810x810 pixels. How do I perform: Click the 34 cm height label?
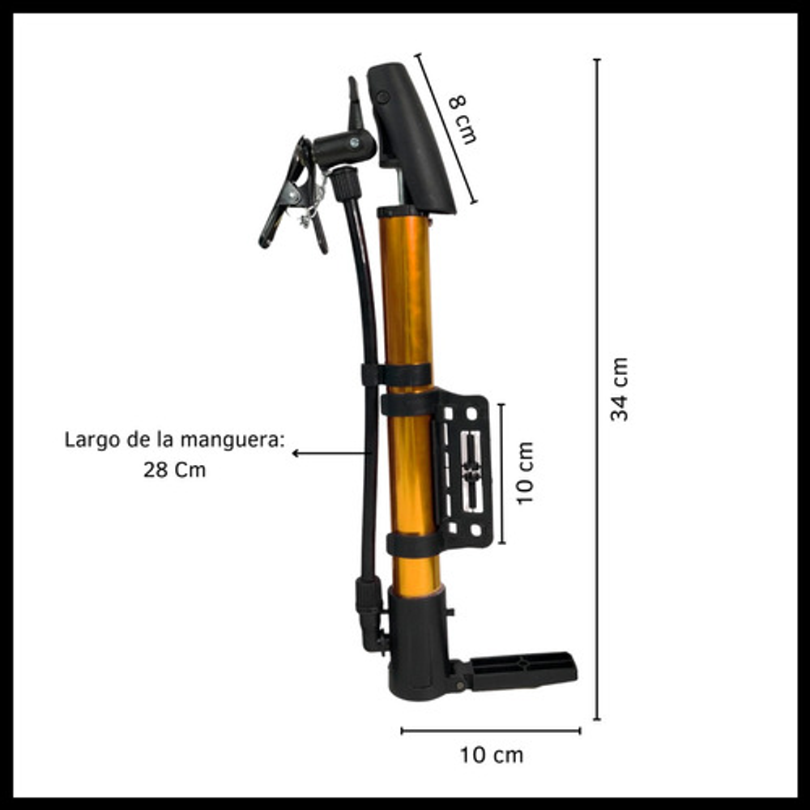point(620,389)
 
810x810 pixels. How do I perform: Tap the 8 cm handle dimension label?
point(463,119)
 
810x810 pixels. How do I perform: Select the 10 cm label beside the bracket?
point(525,473)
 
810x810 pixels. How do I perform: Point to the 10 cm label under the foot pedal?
point(492,755)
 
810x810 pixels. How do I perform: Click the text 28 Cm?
point(175,470)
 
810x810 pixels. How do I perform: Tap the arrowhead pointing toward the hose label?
point(296,454)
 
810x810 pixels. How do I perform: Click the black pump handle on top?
point(411,138)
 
